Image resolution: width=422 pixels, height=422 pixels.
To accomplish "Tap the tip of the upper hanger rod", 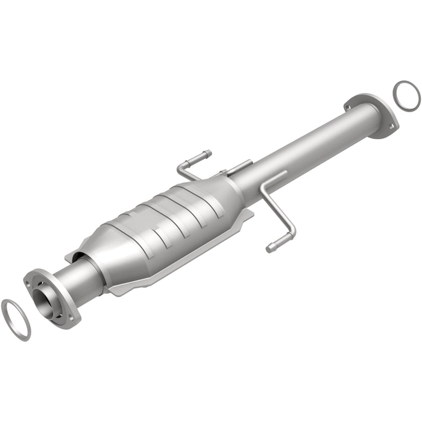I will tap(207, 153).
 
